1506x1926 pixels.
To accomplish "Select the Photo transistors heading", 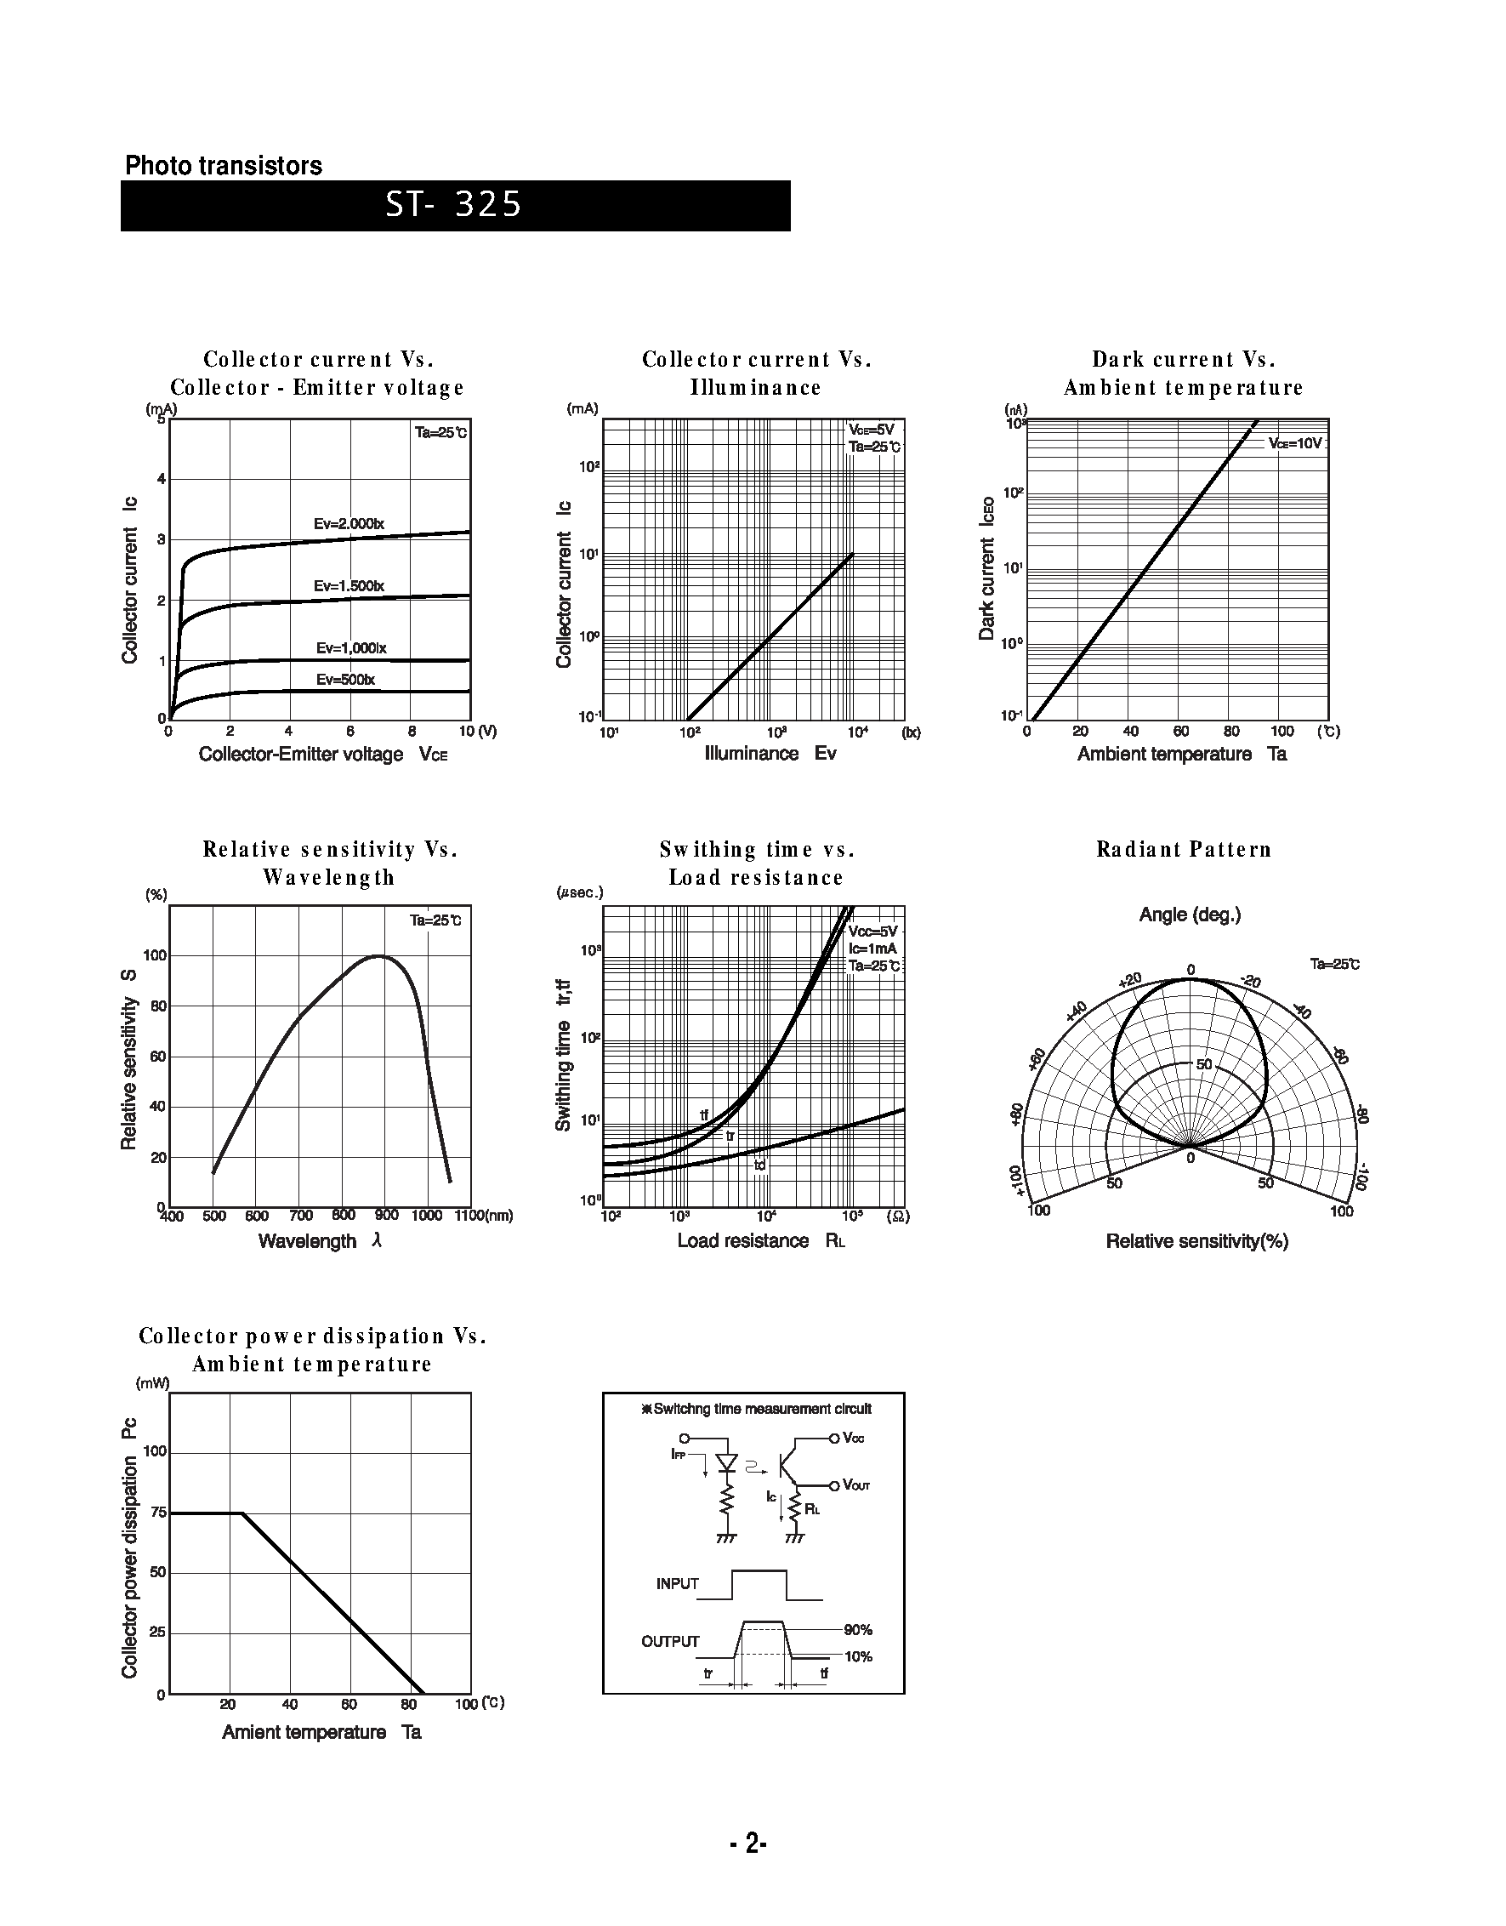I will (223, 166).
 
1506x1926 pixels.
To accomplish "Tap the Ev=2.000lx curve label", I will (350, 524).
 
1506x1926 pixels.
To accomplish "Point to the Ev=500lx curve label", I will (344, 680).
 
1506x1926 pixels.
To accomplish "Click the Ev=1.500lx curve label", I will (350, 586).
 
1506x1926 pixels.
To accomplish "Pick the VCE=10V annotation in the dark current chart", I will (1295, 443).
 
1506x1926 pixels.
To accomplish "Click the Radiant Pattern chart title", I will (1184, 849).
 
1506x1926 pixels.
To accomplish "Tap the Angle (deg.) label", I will (1190, 915).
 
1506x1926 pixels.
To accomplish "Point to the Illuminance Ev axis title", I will (770, 753).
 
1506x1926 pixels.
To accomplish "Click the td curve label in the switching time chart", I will (760, 1165).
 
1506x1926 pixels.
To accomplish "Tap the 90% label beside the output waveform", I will (858, 1630).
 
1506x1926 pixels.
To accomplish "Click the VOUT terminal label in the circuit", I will (856, 1485).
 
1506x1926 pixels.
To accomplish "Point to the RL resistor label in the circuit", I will (812, 1509).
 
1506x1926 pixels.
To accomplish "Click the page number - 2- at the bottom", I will (748, 1843).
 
